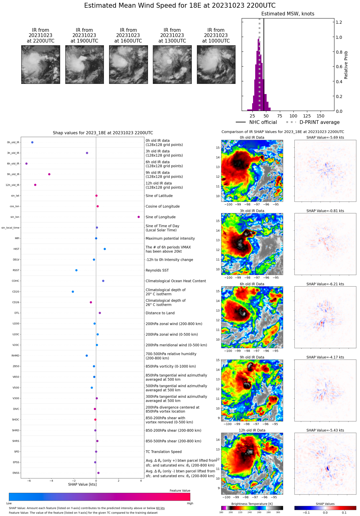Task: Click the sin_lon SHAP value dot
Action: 139,217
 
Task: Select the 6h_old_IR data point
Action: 27,164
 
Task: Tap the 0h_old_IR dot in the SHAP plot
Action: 32,142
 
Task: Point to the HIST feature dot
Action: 105,249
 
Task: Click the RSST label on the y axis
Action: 16,270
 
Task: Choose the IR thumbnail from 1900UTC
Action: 84,65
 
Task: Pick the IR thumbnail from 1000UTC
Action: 216,65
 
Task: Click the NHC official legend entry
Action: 256,122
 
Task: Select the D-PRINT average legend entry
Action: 313,122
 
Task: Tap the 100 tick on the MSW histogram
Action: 293,116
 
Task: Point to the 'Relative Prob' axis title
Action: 346,65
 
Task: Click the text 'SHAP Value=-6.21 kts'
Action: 325,284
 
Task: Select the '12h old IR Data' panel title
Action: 252,430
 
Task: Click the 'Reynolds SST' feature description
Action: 157,270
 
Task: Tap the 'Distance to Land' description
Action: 160,313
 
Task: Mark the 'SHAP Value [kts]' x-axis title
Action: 82,484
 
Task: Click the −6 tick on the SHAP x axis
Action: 29,481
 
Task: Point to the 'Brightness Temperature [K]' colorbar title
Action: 252,504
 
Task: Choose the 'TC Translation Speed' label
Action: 163,452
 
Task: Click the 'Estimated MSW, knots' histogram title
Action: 288,14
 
